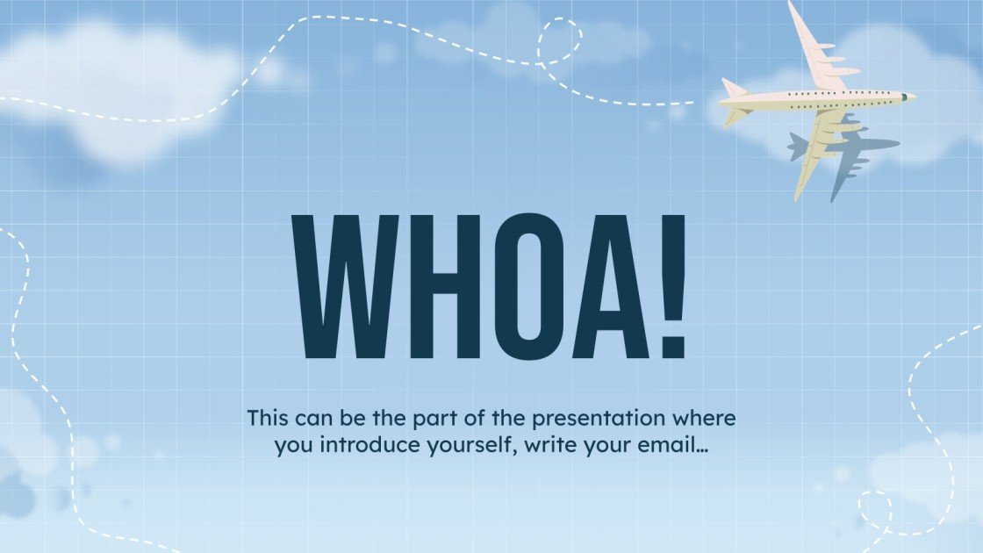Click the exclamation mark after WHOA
pyautogui.click(x=672, y=285)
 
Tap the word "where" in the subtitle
pyautogui.click(x=708, y=417)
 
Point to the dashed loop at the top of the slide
pyautogui.click(x=560, y=40)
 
